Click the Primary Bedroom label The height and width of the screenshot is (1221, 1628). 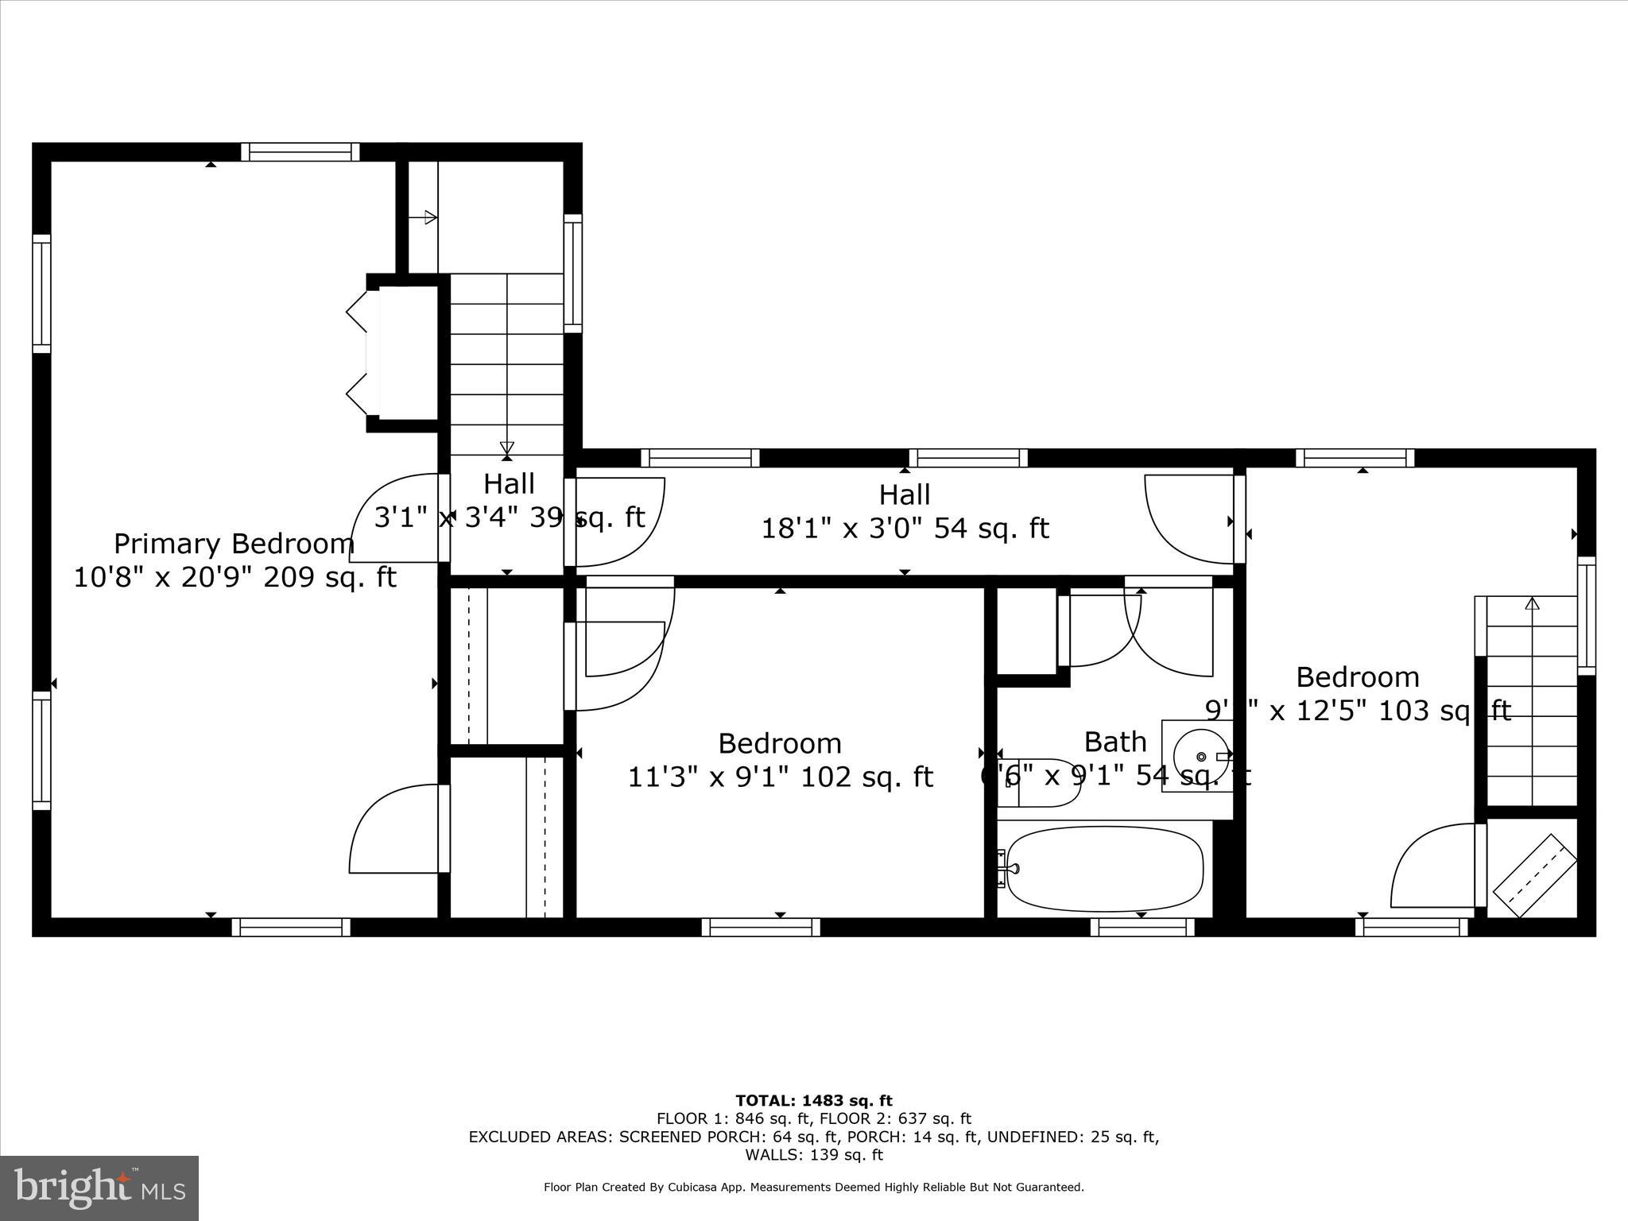coord(234,545)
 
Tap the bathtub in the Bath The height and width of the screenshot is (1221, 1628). coord(1105,869)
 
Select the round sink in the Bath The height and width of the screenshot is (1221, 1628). coord(1201,756)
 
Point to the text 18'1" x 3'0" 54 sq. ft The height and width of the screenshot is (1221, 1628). coord(905,529)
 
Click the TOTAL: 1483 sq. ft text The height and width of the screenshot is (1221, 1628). coord(813,1101)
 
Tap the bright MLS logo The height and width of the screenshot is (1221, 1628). coord(99,1188)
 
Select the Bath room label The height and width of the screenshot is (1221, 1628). coord(1115,742)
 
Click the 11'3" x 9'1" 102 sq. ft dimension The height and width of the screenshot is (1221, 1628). coord(780,777)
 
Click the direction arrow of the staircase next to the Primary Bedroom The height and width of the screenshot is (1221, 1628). coord(507,448)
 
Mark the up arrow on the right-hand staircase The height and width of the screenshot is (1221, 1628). coord(1532,604)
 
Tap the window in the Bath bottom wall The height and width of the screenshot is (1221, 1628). coord(1142,927)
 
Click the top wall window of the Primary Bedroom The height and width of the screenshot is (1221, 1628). coord(300,152)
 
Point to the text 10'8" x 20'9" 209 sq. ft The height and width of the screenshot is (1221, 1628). coord(235,577)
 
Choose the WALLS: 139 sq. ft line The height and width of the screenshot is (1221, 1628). coord(813,1155)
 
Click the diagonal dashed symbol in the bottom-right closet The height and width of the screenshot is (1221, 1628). coord(1534,874)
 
